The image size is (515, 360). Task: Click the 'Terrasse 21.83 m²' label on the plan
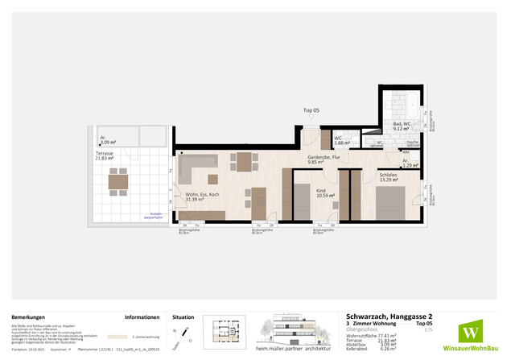point(106,155)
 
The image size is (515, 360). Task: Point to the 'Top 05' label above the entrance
point(311,110)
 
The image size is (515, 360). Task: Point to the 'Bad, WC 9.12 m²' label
point(403,126)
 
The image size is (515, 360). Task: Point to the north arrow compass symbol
point(187,333)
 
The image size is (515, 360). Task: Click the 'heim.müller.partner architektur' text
point(299,350)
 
